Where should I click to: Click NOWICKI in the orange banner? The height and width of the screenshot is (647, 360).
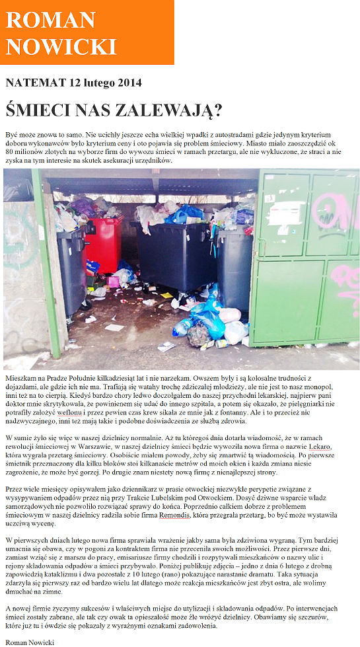[61, 46]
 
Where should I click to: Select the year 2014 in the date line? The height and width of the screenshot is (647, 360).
[129, 83]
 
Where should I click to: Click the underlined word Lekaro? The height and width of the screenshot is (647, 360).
[320, 447]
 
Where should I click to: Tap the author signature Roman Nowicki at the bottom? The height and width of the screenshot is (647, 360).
[29, 641]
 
